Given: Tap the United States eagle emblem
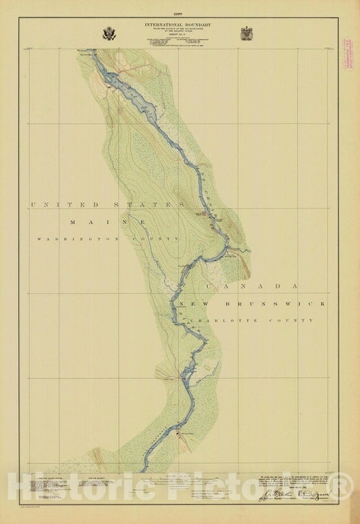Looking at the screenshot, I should tap(109, 33).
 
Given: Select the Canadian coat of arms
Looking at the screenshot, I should tap(247, 33).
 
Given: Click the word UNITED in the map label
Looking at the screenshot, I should tap(55, 204).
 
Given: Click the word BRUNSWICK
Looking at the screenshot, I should tap(283, 304).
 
